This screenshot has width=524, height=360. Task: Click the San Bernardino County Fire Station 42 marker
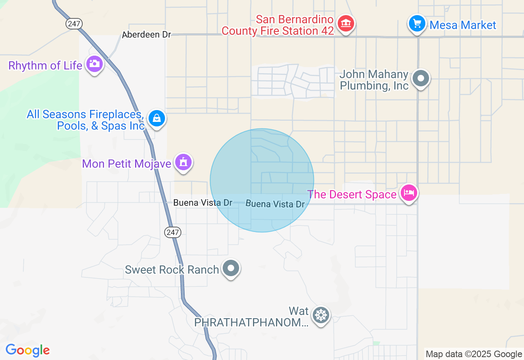[x=346, y=23]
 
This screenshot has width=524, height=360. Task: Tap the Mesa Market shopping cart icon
[x=417, y=23]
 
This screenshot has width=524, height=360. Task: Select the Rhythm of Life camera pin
[x=95, y=64]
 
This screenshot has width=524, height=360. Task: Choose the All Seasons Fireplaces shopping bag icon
[x=156, y=119]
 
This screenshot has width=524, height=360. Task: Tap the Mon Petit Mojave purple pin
[x=183, y=162]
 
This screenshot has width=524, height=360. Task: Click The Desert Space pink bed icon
[x=408, y=193]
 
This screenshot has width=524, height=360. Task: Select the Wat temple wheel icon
[x=321, y=315]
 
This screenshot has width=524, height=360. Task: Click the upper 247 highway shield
[x=74, y=24]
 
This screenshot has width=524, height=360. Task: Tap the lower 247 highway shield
[x=173, y=232]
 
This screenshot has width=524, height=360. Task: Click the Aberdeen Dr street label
[x=146, y=35]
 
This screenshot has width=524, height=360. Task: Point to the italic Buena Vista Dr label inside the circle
[x=275, y=204]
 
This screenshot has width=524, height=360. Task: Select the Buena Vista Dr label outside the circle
[x=203, y=202]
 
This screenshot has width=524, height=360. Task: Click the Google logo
[x=27, y=350]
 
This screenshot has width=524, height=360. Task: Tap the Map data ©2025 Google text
[x=474, y=354]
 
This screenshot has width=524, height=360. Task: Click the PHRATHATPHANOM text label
[x=251, y=322]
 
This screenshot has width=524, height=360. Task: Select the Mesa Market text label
[x=463, y=25]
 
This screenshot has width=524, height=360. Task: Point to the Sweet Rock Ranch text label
[x=172, y=270]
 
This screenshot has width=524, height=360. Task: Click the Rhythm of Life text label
[x=45, y=65]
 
